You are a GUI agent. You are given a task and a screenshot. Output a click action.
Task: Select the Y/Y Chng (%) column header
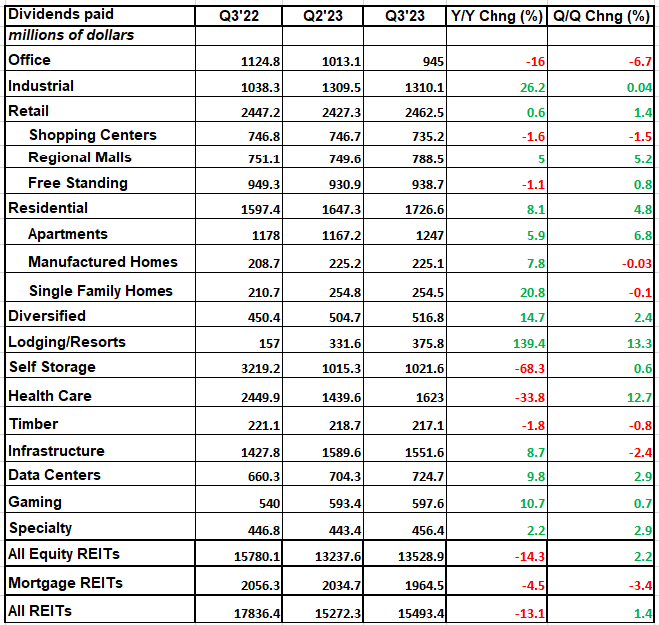495,16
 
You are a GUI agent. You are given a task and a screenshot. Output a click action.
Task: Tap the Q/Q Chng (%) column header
602,16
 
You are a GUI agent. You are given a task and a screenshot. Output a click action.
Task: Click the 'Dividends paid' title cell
61,15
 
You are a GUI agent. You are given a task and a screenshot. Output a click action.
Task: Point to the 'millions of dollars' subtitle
71,35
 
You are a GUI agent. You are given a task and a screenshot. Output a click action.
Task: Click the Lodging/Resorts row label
66,342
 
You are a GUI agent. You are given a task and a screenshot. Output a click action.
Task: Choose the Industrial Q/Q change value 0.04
637,87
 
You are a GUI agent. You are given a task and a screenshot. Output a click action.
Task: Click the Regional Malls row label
80,157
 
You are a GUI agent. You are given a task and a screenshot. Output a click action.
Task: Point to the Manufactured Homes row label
103,262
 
